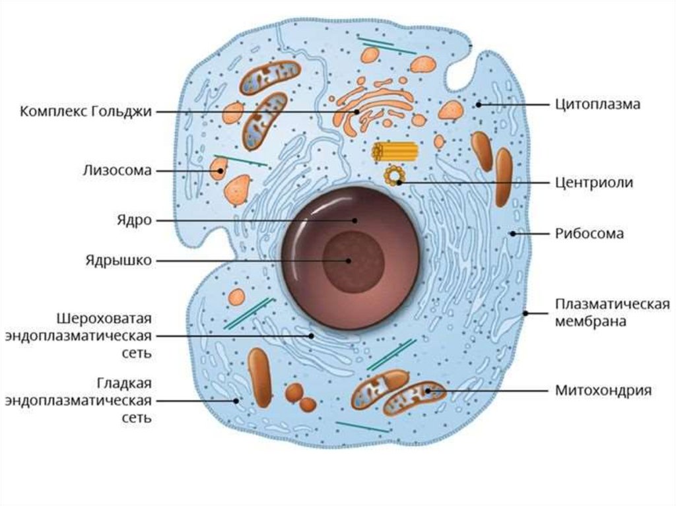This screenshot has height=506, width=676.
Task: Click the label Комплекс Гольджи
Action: point(86,111)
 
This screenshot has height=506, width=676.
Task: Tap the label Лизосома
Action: point(118,170)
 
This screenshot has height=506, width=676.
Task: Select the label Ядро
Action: point(137,220)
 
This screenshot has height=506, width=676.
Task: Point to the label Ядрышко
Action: point(119,260)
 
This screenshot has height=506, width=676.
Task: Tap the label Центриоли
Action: point(594,183)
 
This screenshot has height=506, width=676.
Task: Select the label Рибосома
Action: point(590,233)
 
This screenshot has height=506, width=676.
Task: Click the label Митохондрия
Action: point(603,390)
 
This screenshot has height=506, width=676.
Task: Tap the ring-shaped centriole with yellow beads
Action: point(395,176)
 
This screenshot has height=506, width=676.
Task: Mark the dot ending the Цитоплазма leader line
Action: point(478,104)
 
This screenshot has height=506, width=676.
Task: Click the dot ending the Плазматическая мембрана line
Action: point(526,313)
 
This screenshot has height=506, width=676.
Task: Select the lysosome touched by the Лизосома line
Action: point(218,170)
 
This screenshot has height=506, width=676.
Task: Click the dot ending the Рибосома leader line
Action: point(512,233)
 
